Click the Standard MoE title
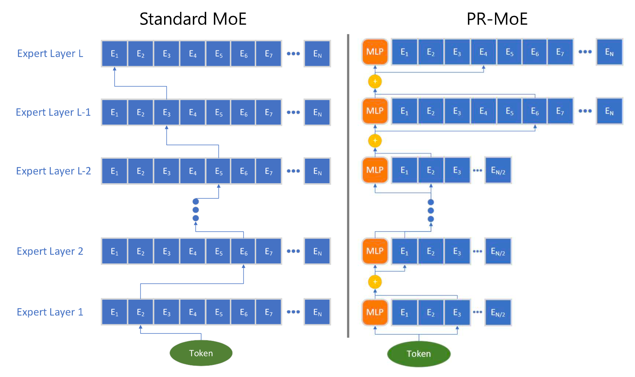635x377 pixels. click(193, 19)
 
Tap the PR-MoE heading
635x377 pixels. click(497, 19)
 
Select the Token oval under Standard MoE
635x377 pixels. click(201, 353)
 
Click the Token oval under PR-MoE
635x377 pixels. click(418, 354)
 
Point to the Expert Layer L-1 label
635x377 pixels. click(53, 112)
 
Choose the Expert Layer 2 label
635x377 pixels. click(50, 251)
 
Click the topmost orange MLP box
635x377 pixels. click(375, 52)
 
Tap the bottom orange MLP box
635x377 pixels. click(375, 312)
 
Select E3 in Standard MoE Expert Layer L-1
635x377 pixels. click(166, 112)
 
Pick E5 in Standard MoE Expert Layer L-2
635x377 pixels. click(218, 171)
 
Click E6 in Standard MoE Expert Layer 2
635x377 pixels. click(244, 251)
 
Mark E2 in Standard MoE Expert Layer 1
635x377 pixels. click(140, 312)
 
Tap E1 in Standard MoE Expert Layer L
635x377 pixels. click(114, 54)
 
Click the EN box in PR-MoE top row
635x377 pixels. click(609, 52)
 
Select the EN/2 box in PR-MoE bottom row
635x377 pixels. click(498, 313)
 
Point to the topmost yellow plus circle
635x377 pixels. click(375, 81)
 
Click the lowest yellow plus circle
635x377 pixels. click(375, 282)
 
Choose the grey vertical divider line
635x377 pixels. click(348, 186)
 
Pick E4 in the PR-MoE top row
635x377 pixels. click(484, 52)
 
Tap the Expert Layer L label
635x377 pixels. click(50, 54)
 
